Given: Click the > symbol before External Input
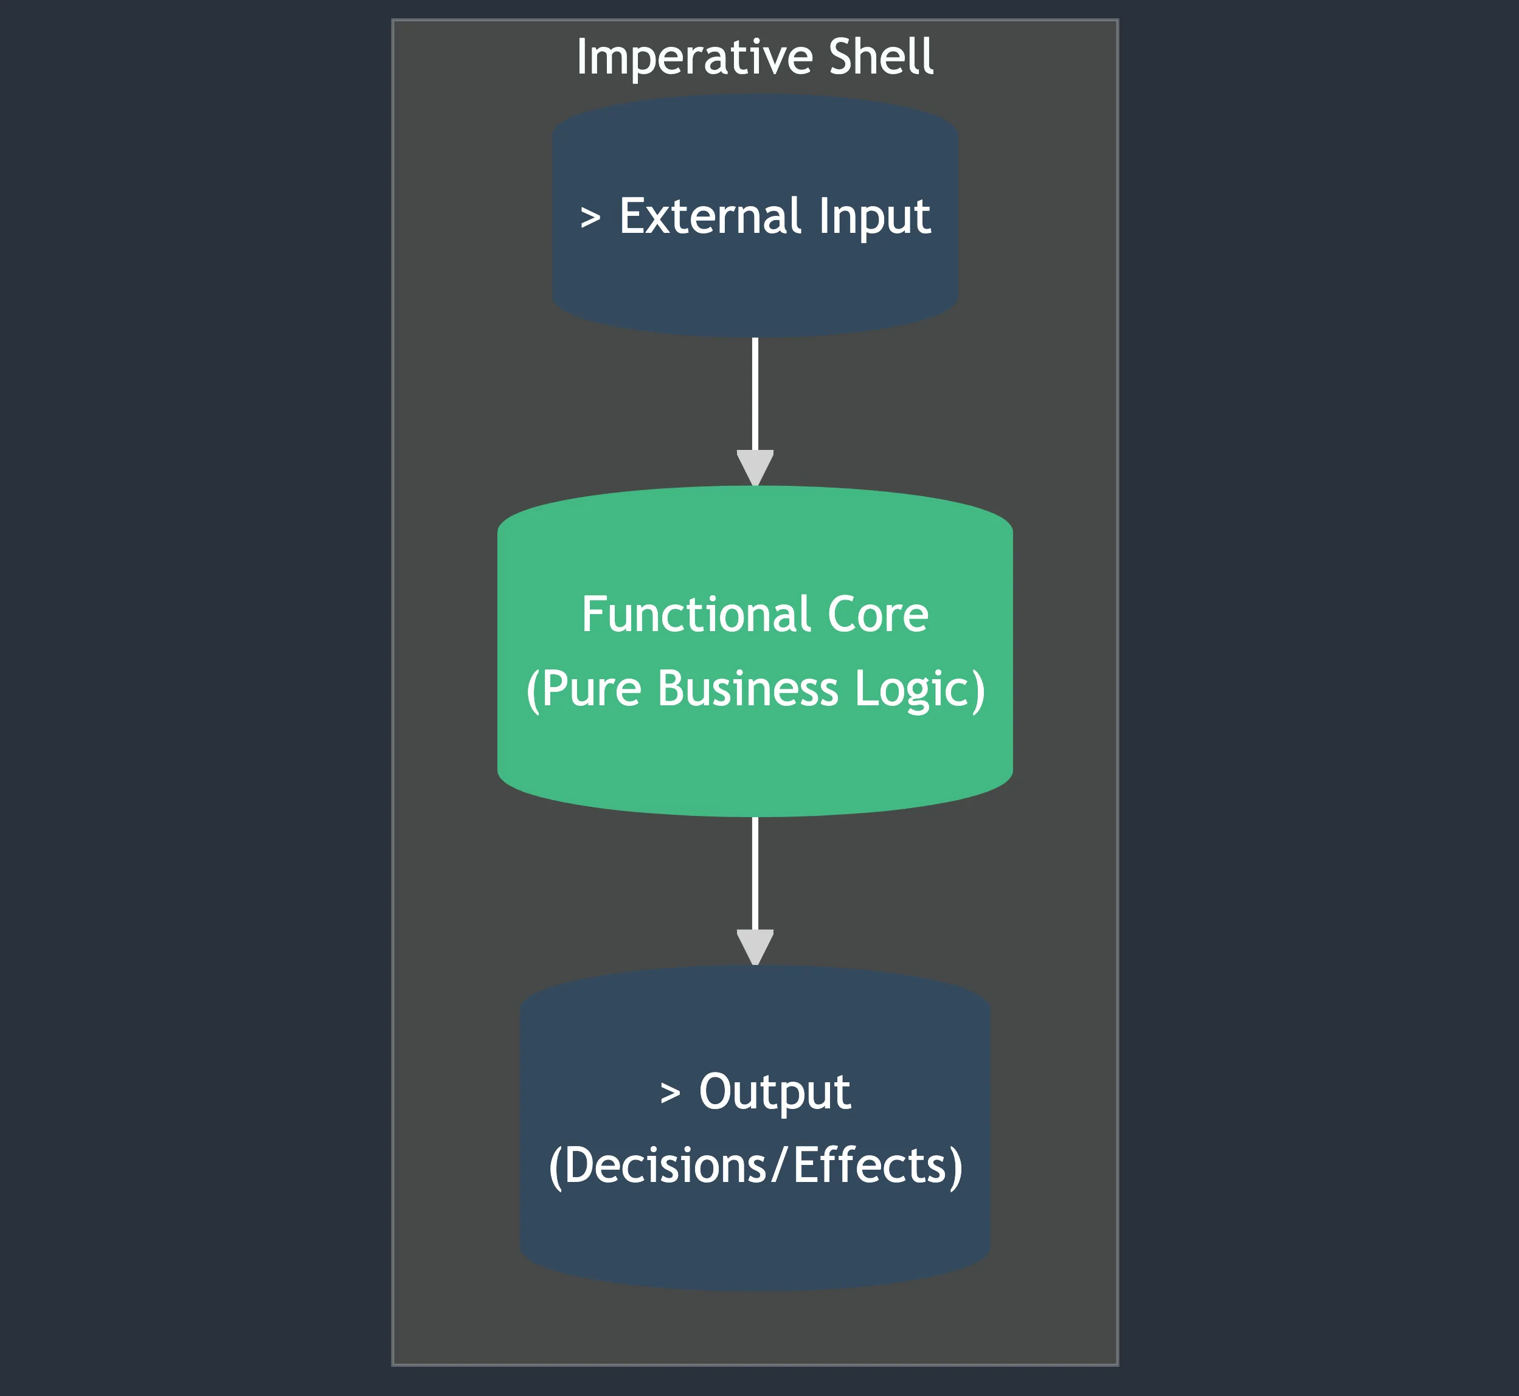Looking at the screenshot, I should (590, 218).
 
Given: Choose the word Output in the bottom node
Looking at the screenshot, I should (774, 1093).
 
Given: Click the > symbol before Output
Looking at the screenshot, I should (670, 1093).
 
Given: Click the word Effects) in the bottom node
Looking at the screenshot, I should (877, 1166).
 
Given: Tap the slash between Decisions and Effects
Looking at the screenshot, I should (780, 1166).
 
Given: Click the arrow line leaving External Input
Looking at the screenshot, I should (755, 393).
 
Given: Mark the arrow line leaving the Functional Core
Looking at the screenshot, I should (755, 872).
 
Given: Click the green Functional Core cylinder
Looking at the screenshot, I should (755, 763).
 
